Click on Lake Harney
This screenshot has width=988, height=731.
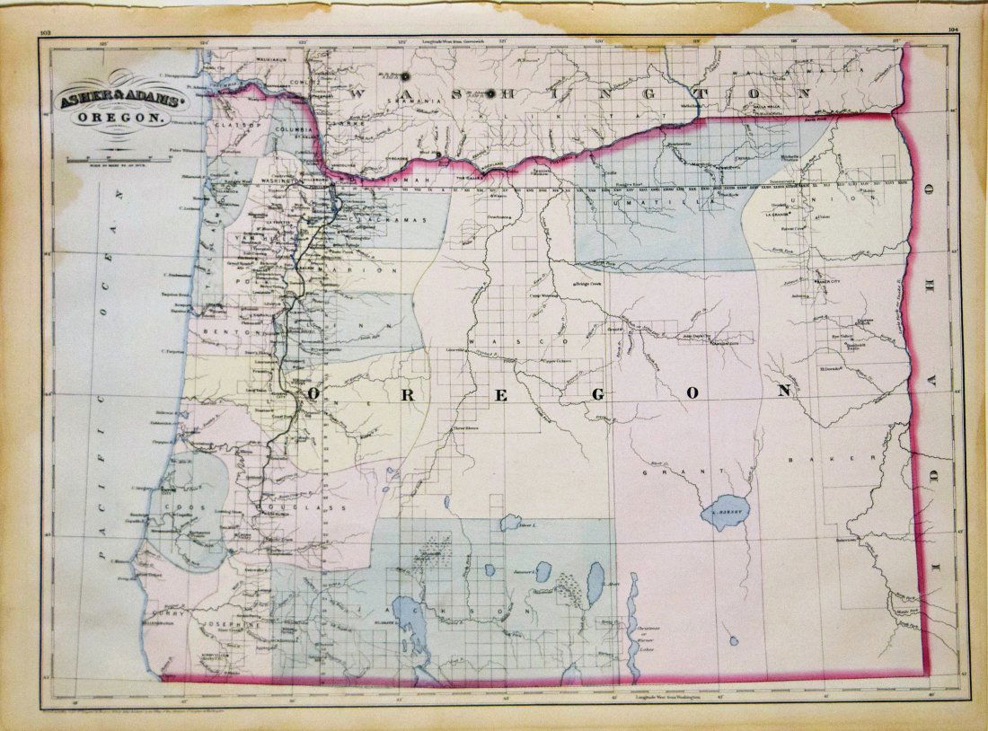pyautogui.click(x=726, y=512)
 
